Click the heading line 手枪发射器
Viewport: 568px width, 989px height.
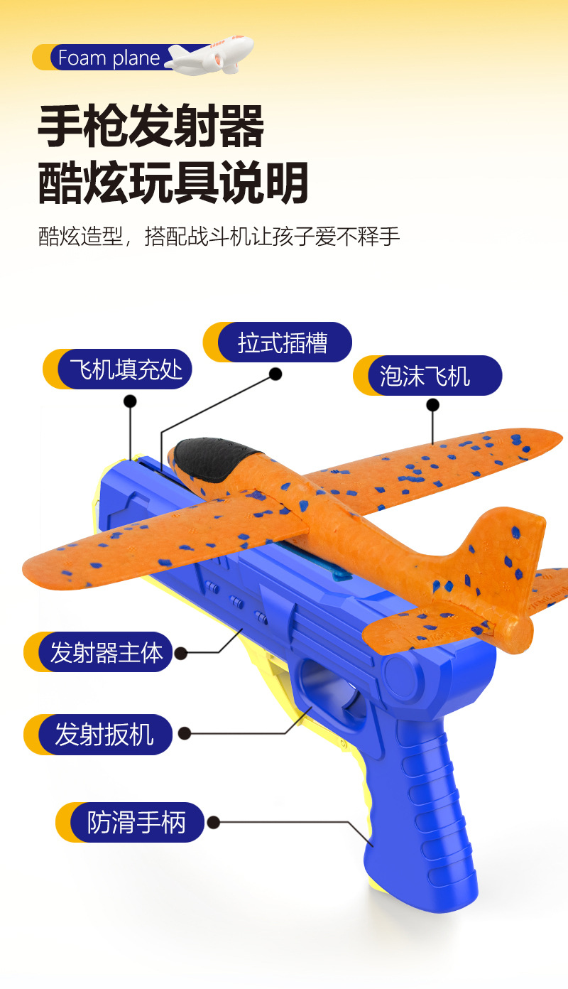coord(151,127)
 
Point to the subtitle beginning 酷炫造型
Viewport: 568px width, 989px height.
coord(219,237)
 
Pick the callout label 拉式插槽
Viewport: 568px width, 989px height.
coord(283,342)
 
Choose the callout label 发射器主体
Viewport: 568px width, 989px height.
coord(106,652)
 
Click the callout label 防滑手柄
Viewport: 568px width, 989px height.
coord(136,823)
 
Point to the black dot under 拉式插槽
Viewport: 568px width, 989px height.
coord(275,374)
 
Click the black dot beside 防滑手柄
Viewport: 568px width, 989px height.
coord(214,823)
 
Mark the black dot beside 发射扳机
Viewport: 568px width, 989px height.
coord(184,733)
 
